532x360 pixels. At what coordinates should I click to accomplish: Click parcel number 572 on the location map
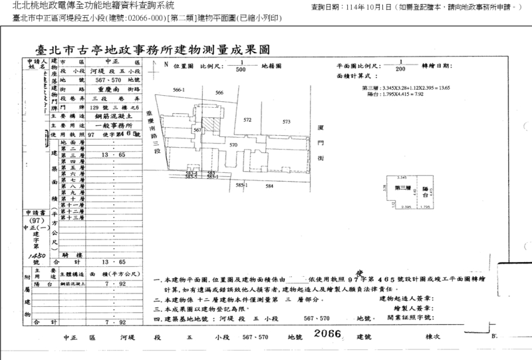(247, 120)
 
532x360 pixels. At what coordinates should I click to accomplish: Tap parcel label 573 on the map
(287, 122)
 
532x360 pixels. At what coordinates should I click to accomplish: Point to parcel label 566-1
(178, 89)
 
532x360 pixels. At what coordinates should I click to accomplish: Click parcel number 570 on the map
(233, 144)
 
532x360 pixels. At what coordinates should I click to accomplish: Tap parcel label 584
(269, 186)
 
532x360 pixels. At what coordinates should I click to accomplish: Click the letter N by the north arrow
(165, 65)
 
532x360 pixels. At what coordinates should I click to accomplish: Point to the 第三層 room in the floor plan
(401, 188)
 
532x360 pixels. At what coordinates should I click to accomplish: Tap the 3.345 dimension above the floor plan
(401, 178)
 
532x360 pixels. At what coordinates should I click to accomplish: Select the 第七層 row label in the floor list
(68, 180)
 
